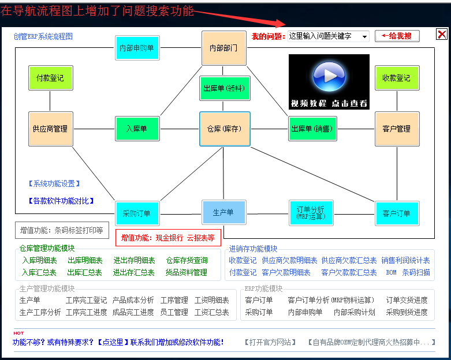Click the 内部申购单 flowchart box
click(137, 48)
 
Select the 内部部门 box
click(224, 48)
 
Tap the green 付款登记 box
click(51, 78)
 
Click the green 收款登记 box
click(397, 78)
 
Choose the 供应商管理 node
click(51, 129)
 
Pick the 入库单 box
click(137, 129)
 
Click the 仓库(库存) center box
click(225, 129)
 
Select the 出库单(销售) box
click(312, 129)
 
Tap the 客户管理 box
click(397, 129)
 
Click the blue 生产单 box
click(224, 213)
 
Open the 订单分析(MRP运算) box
click(311, 213)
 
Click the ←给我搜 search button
click(397, 36)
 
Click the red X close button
click(442, 35)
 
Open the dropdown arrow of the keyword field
click(364, 36)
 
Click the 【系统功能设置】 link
click(54, 183)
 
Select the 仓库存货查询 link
click(187, 261)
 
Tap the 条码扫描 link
click(416, 272)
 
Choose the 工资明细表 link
click(212, 300)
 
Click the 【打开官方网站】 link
click(270, 342)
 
